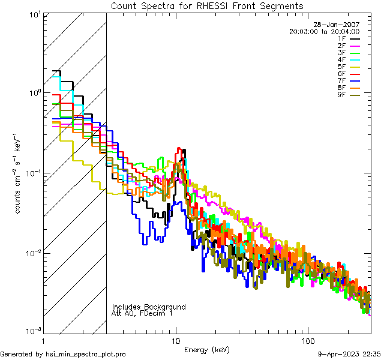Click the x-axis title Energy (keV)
click(207, 349)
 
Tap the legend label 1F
click(341, 38)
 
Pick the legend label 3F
click(341, 53)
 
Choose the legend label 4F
click(341, 59)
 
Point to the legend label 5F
click(341, 67)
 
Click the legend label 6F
click(341, 74)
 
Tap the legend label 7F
click(341, 80)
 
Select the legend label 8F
click(341, 88)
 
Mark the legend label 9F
click(341, 95)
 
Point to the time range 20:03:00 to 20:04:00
click(324, 31)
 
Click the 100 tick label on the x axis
click(307, 340)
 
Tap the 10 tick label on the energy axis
click(176, 340)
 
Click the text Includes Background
click(149, 307)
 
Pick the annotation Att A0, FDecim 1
click(142, 313)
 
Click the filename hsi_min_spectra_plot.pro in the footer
click(86, 354)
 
